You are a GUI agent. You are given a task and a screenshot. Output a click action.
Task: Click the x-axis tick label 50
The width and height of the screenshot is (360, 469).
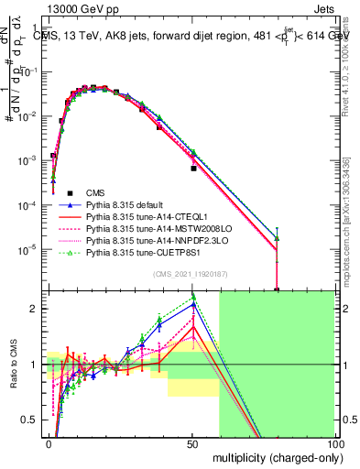192,442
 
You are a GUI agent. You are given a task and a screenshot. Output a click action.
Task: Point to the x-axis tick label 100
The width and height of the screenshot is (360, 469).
333,442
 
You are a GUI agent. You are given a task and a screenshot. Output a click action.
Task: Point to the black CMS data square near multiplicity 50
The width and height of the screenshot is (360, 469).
193,169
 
